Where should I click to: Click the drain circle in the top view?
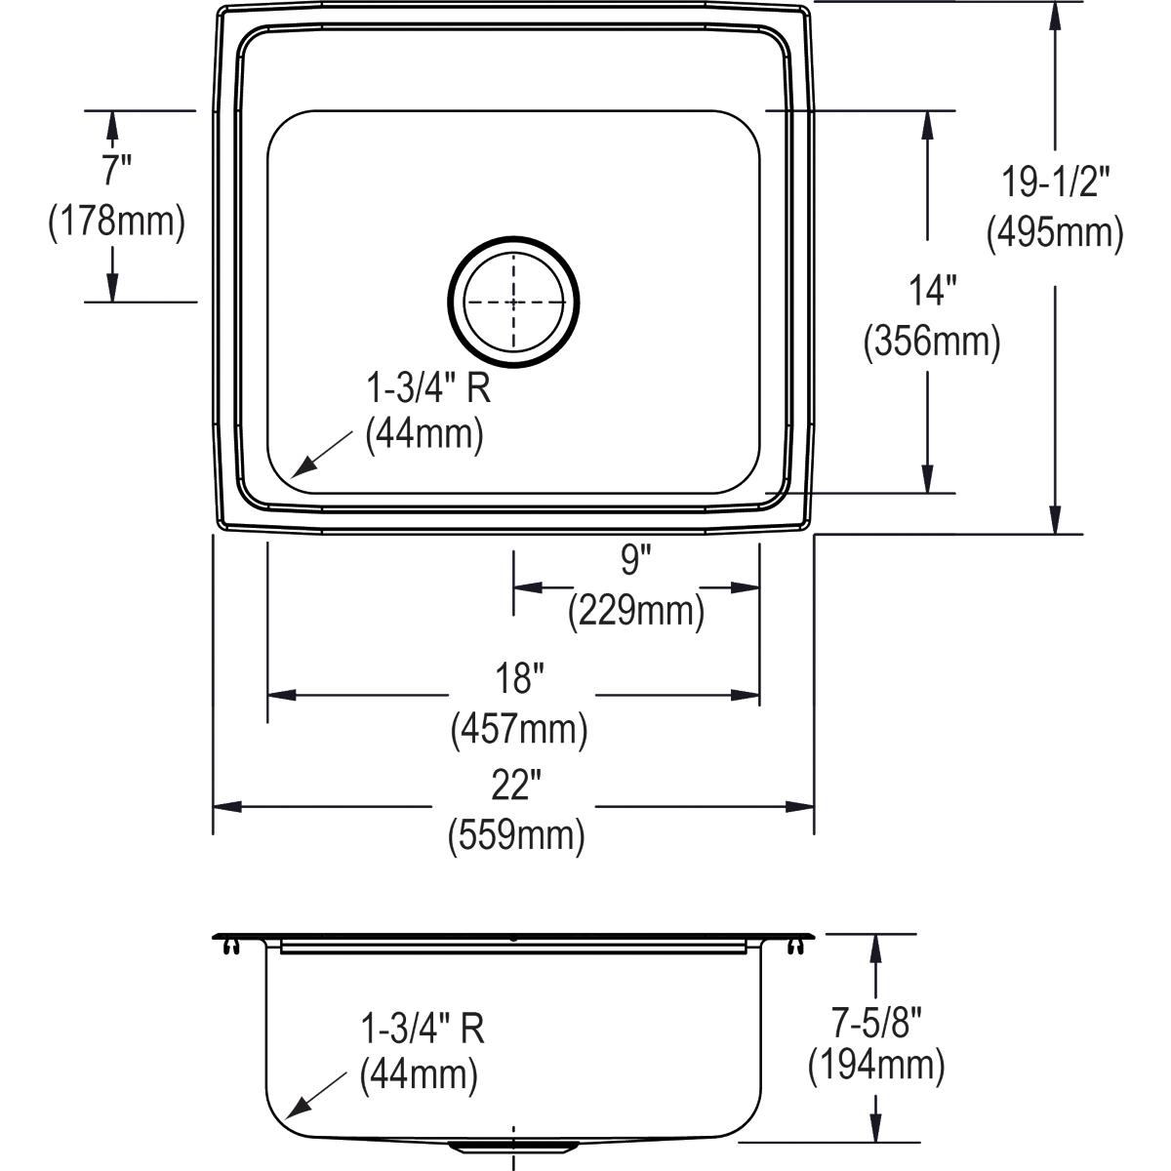(x=514, y=302)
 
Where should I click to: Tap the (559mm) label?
(x=516, y=835)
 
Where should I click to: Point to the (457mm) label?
(x=518, y=729)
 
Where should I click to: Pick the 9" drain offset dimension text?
(x=635, y=561)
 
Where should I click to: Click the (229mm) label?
(x=636, y=611)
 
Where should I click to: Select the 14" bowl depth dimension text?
(x=932, y=291)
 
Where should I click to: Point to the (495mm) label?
(x=1055, y=233)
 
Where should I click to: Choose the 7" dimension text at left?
(x=116, y=171)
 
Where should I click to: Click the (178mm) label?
(x=116, y=222)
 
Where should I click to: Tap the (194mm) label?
(x=876, y=1066)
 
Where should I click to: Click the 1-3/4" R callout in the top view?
(x=427, y=389)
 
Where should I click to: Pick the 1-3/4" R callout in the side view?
(x=423, y=1028)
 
